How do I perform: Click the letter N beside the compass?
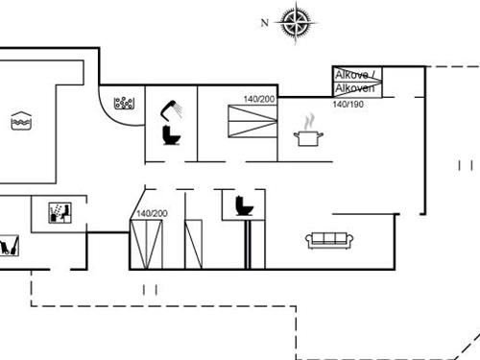click(x=266, y=21)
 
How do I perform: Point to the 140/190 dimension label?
click(x=348, y=104)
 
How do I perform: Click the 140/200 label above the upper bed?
click(x=258, y=99)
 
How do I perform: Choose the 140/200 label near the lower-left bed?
click(x=152, y=213)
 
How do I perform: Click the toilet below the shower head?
click(x=173, y=134)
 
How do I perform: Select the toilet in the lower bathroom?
click(x=243, y=204)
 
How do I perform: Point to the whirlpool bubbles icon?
click(x=124, y=101)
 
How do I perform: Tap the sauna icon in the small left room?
click(x=58, y=212)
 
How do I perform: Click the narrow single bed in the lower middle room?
click(x=194, y=245)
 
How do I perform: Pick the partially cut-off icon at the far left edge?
click(x=9, y=247)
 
